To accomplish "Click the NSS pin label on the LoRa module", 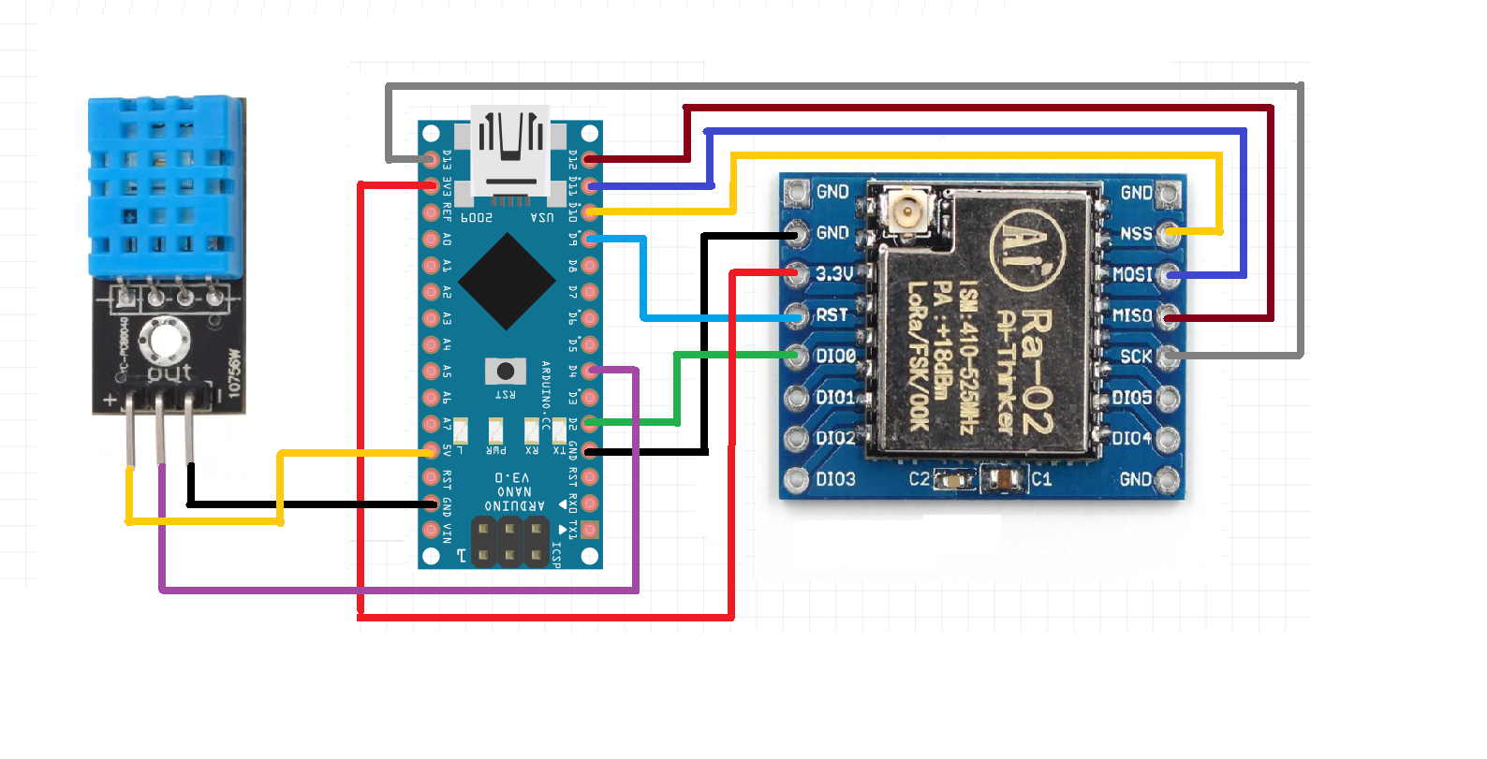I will (1136, 233).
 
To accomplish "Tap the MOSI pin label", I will (1132, 274).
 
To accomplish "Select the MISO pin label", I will (1132, 315).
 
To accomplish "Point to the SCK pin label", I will (1136, 357).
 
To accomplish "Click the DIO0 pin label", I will (835, 357).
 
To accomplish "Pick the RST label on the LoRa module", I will (832, 315).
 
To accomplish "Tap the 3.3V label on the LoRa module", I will (834, 273).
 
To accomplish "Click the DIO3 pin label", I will (835, 479).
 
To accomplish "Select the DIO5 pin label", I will (1132, 398).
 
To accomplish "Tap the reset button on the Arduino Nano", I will (506, 371).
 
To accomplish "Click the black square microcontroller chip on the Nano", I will (507, 282).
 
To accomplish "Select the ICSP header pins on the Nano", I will (509, 542).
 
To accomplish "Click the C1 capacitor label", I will (1041, 479).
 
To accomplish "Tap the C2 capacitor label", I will (920, 479).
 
